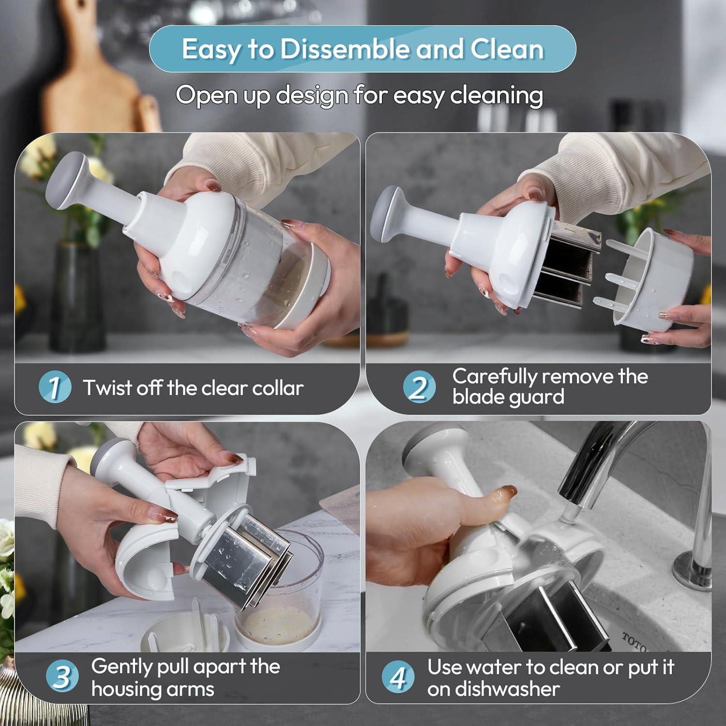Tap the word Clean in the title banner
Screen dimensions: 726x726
coord(507,49)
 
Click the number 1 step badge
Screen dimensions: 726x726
coord(55,387)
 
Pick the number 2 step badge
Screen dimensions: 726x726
coord(419,387)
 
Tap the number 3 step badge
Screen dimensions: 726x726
coord(62,677)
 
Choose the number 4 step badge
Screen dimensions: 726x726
coord(398,677)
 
